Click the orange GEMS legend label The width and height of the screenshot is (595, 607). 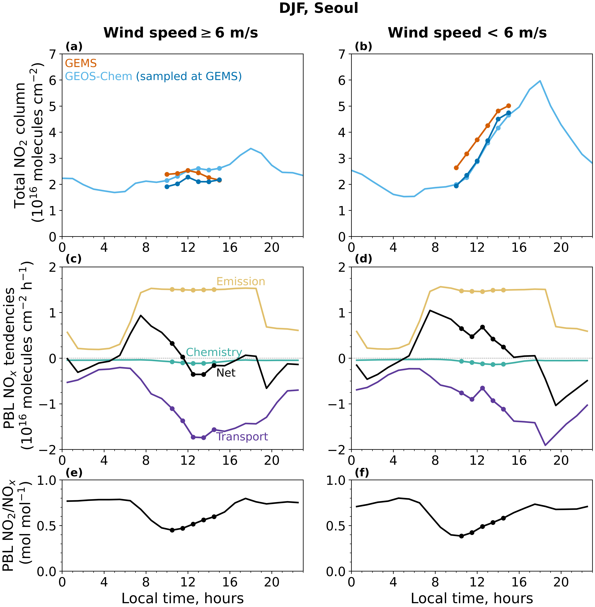[81, 64]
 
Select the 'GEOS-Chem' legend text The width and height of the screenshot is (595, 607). [98, 76]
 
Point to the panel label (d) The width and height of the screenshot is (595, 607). [363, 259]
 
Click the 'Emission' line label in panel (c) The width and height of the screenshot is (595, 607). [241, 282]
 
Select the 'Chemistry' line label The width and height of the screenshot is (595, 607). [214, 352]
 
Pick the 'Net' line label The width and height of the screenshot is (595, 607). [226, 373]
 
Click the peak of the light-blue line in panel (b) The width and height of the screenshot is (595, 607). [540, 81]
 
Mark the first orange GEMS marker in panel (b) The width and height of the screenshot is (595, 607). [456, 168]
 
